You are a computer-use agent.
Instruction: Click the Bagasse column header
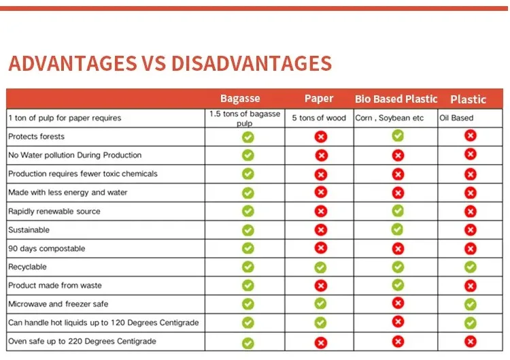240,99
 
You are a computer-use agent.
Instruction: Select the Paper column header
319,99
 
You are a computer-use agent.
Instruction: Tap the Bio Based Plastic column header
396,99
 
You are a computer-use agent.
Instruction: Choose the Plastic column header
468,99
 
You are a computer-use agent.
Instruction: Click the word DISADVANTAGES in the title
252,64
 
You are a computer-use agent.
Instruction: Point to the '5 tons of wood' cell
319,118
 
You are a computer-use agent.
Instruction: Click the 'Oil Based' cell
456,118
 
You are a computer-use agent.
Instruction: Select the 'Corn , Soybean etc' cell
390,118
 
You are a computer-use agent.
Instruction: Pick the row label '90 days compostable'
46,248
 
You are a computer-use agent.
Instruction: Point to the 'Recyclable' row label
27,267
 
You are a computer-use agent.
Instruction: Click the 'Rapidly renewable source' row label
54,211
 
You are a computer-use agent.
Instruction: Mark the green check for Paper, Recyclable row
320,267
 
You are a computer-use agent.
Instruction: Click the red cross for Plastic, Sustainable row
470,230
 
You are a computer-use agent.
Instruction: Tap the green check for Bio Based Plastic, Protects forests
398,135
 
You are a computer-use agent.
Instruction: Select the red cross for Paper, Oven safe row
320,342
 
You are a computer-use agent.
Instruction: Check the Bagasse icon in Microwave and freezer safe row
248,304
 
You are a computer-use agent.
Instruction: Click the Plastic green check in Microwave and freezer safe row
470,304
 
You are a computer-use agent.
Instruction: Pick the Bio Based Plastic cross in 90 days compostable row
398,248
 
